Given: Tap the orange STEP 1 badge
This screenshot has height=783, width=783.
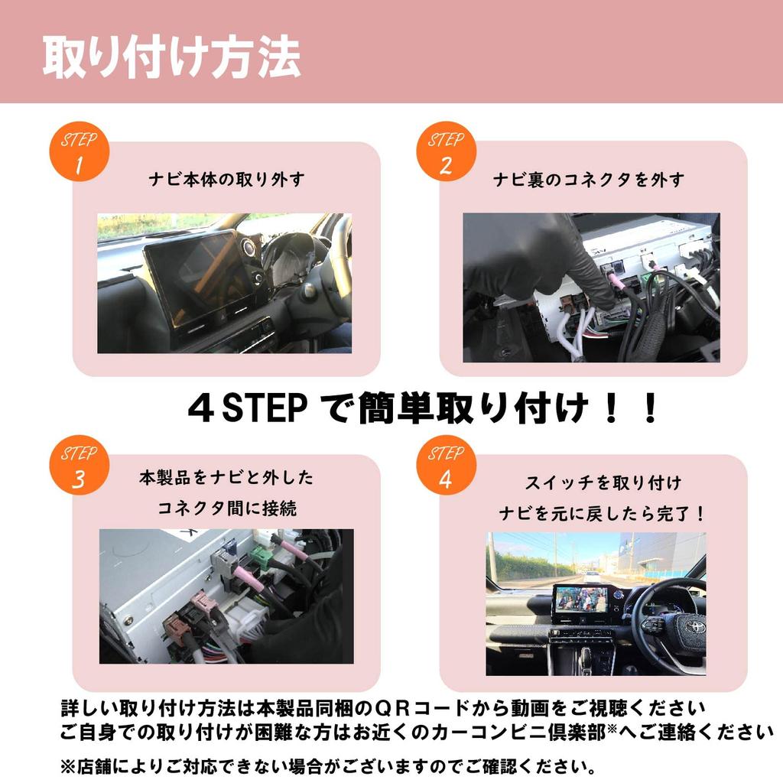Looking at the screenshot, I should tap(80, 151).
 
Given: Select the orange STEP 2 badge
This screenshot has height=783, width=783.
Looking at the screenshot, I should tap(446, 151).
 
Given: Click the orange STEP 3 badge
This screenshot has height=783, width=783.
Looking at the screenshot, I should tap(80, 466).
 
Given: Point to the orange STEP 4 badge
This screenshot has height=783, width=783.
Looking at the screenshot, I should tap(446, 466).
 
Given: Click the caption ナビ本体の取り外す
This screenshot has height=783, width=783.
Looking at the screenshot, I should tap(226, 180).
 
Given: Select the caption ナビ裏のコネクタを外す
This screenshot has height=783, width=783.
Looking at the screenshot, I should tap(588, 180).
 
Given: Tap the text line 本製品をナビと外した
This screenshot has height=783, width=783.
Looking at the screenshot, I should tap(226, 479).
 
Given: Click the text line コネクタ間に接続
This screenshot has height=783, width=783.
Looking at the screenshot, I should tap(226, 507).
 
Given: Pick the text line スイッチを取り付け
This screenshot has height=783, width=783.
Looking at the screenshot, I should tap(603, 483).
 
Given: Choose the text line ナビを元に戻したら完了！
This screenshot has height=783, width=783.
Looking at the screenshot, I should tap(603, 512).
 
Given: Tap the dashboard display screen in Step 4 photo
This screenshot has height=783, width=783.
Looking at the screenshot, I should tap(581, 599).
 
